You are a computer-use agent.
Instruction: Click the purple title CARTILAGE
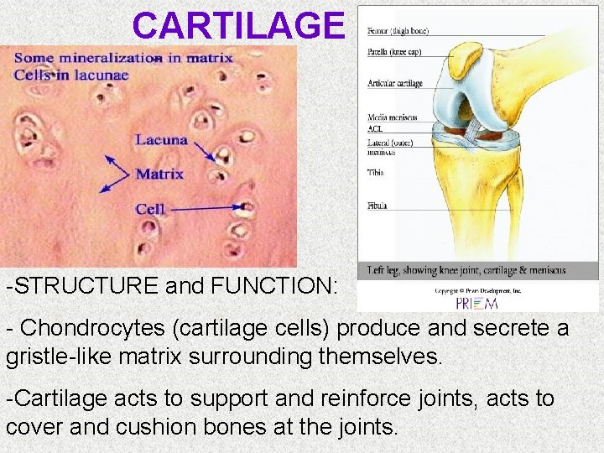tap(238, 26)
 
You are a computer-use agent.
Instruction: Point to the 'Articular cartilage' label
tap(394, 84)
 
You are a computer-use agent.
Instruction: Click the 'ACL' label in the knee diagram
tap(375, 129)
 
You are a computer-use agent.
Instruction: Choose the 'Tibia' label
tap(376, 173)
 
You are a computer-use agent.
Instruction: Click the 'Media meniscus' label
tap(392, 117)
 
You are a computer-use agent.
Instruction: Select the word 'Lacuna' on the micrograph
tap(161, 140)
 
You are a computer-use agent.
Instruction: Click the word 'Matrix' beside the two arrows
tap(160, 174)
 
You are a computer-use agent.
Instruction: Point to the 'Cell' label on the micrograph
tap(150, 208)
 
